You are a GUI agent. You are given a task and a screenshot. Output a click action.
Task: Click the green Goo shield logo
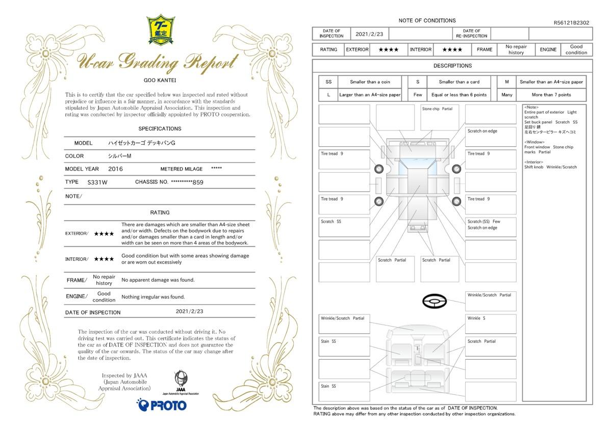(x=161, y=30)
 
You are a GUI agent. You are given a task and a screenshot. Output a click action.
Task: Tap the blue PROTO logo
(x=162, y=404)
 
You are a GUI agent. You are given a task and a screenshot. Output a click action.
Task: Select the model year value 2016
(x=115, y=169)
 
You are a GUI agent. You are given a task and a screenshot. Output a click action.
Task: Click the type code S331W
(x=97, y=182)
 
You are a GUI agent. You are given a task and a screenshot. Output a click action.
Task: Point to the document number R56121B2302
(x=571, y=22)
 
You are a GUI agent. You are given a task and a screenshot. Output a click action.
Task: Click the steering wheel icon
(x=435, y=301)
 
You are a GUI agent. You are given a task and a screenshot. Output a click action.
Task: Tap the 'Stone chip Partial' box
(x=440, y=118)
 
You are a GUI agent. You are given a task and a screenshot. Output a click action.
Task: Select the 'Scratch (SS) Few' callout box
(x=491, y=227)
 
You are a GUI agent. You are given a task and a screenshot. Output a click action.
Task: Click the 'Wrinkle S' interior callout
(x=491, y=324)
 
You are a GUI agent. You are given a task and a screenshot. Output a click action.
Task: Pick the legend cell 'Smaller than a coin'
(x=370, y=82)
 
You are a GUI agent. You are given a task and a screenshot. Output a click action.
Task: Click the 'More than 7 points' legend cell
(x=551, y=95)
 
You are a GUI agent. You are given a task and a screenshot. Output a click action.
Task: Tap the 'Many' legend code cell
(x=506, y=95)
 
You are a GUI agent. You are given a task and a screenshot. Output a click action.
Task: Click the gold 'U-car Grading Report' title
(x=158, y=62)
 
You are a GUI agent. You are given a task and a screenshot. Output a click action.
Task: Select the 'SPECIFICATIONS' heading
(x=160, y=128)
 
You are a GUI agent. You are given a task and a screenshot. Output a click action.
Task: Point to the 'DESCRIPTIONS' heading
(x=452, y=66)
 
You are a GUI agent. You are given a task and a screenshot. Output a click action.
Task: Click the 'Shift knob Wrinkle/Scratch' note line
(x=550, y=167)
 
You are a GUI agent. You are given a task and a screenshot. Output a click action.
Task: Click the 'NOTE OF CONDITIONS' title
(x=427, y=20)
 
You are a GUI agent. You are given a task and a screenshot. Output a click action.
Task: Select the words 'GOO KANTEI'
(x=160, y=80)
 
